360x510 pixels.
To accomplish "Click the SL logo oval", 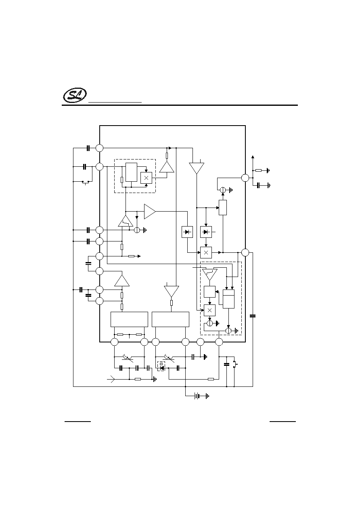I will (x=75, y=96).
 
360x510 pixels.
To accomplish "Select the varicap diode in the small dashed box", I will (x=161, y=366).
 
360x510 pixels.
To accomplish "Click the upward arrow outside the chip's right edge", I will (x=253, y=157).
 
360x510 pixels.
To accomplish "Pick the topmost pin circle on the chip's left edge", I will (x=100, y=148).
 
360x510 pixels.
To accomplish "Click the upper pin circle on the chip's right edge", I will (x=245, y=178).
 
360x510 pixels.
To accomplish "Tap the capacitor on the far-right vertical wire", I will (x=253, y=316).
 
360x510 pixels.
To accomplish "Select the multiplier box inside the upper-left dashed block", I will (x=146, y=178).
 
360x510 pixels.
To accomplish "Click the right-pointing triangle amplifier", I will (x=150, y=212).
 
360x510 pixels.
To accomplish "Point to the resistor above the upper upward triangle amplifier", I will (x=167, y=155).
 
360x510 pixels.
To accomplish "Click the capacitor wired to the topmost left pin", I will (x=88, y=148).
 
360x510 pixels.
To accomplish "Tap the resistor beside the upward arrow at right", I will (x=259, y=170).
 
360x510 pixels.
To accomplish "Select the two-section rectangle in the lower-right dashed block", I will (x=228, y=299).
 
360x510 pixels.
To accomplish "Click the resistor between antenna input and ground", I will (x=138, y=379).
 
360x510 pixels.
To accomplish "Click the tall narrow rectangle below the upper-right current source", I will (x=223, y=208).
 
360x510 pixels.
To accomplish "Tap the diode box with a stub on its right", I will (x=206, y=232).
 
